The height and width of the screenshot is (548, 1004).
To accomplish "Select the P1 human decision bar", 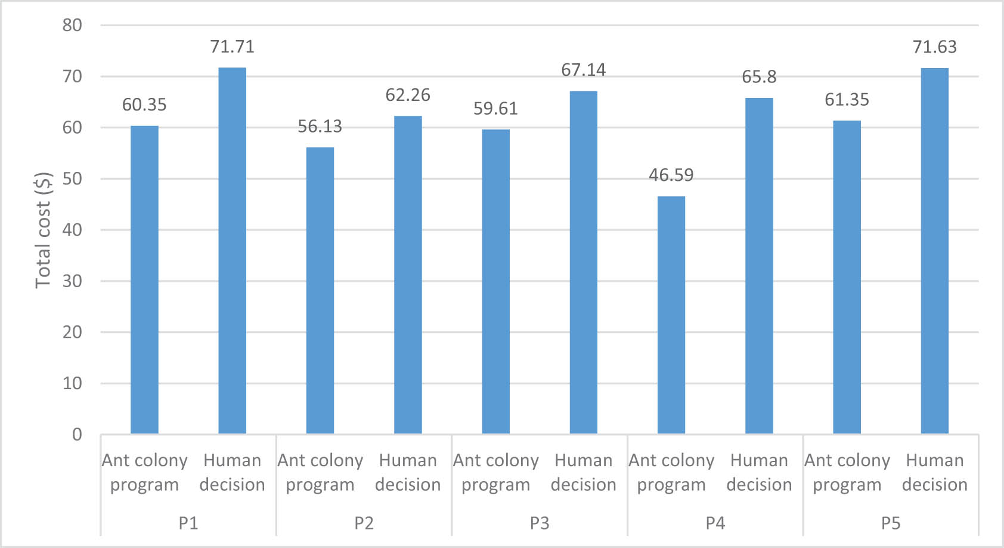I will tap(232, 251).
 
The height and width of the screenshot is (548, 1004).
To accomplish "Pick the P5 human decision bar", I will tap(934, 251).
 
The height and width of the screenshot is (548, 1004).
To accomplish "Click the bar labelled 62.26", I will tap(408, 275).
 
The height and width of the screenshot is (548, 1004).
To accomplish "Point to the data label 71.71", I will tap(232, 47).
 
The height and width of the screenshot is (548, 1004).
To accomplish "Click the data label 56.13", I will tap(320, 127).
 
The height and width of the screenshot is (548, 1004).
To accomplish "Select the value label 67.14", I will tap(583, 70).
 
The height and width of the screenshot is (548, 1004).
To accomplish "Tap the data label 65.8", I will tap(759, 77).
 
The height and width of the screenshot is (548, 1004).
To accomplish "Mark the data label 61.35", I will tap(847, 100).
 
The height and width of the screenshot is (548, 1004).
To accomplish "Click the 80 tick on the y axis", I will tap(72, 25).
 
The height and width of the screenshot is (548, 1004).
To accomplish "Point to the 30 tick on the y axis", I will tap(72, 281).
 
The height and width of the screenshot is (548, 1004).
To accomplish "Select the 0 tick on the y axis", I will tap(77, 434).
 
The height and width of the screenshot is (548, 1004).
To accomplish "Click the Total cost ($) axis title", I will tap(43, 230).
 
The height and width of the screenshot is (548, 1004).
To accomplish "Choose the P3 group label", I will tap(540, 523).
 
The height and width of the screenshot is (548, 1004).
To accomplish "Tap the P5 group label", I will tap(891, 523).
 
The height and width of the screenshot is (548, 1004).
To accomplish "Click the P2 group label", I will tap(364, 523).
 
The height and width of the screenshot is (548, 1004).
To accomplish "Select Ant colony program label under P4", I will tap(671, 472).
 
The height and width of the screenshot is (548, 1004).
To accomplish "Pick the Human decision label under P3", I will tap(583, 472).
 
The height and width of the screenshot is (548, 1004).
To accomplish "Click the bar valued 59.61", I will tap(495, 281).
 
